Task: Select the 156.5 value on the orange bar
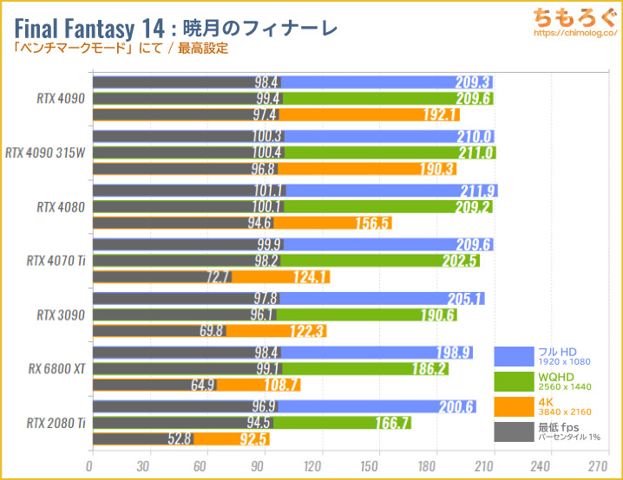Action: (372, 223)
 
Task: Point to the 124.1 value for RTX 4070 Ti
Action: (311, 277)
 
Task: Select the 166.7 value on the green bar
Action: (392, 423)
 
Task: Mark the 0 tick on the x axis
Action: (92, 464)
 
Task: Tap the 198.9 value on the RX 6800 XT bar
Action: (454, 352)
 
